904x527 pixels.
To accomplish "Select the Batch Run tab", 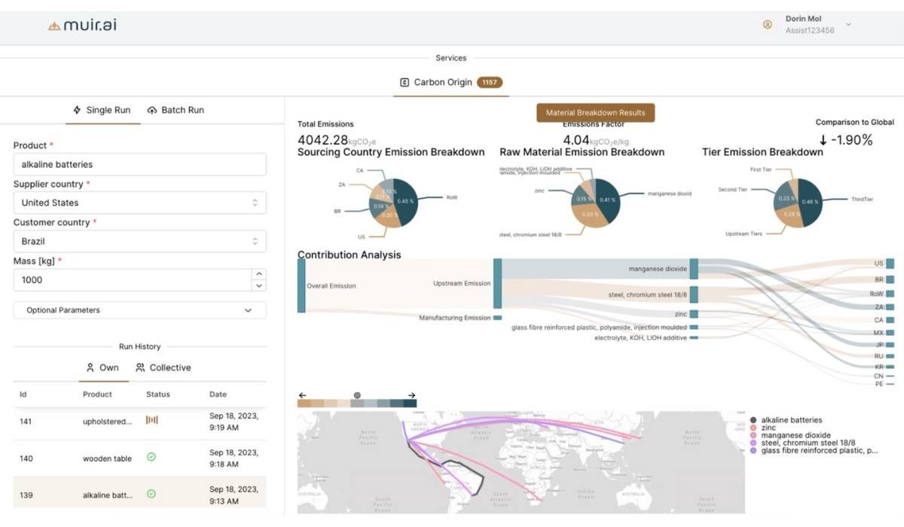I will tap(176, 110).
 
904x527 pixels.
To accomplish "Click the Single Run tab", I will tap(102, 110).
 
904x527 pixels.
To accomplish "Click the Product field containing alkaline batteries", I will tap(139, 164).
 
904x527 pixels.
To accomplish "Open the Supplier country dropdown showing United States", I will tap(139, 203).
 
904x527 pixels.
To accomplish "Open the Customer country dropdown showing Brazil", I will tap(139, 241).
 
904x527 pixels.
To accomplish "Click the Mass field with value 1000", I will tap(132, 280).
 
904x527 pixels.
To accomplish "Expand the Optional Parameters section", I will tap(139, 310).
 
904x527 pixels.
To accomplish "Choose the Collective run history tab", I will tap(163, 367).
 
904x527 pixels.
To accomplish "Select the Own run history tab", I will tap(102, 367).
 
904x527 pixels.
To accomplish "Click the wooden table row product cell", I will tap(107, 458).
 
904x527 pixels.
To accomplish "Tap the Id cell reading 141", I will tap(26, 422).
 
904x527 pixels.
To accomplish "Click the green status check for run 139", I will tap(151, 494).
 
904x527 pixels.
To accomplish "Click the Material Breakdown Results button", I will tap(595, 113).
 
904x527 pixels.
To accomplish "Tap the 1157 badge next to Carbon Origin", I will tap(490, 83).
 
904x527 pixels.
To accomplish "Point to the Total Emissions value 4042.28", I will tap(322, 140).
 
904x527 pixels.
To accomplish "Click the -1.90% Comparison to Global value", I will tap(845, 140).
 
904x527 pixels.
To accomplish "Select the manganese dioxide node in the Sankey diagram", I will tap(693, 269).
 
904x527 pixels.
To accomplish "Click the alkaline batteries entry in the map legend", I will tap(791, 420).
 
